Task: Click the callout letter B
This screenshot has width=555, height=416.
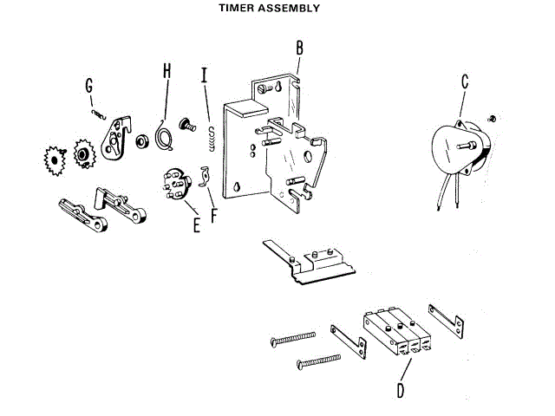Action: pyautogui.click(x=299, y=46)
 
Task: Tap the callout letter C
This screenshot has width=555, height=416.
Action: pyautogui.click(x=466, y=81)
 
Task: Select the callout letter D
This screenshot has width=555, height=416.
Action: pyautogui.click(x=400, y=389)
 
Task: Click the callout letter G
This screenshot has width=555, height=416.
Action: pyautogui.click(x=89, y=86)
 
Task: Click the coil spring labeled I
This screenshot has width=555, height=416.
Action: pyautogui.click(x=210, y=138)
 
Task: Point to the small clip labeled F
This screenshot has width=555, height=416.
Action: pyautogui.click(x=206, y=176)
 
